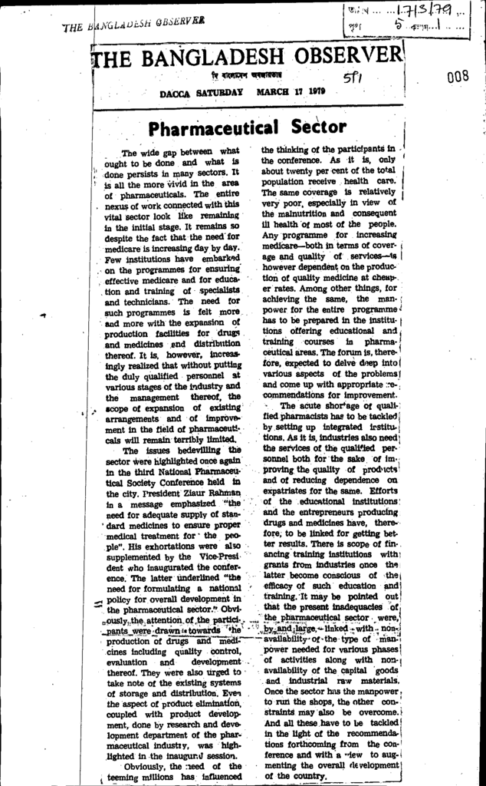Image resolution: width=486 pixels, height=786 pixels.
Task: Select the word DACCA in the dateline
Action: [175, 92]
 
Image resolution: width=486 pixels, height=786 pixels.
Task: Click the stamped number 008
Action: [458, 76]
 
